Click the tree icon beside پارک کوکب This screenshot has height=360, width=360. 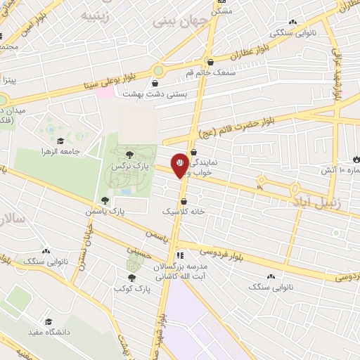[131, 278]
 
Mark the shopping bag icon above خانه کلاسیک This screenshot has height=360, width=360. [184, 201]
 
